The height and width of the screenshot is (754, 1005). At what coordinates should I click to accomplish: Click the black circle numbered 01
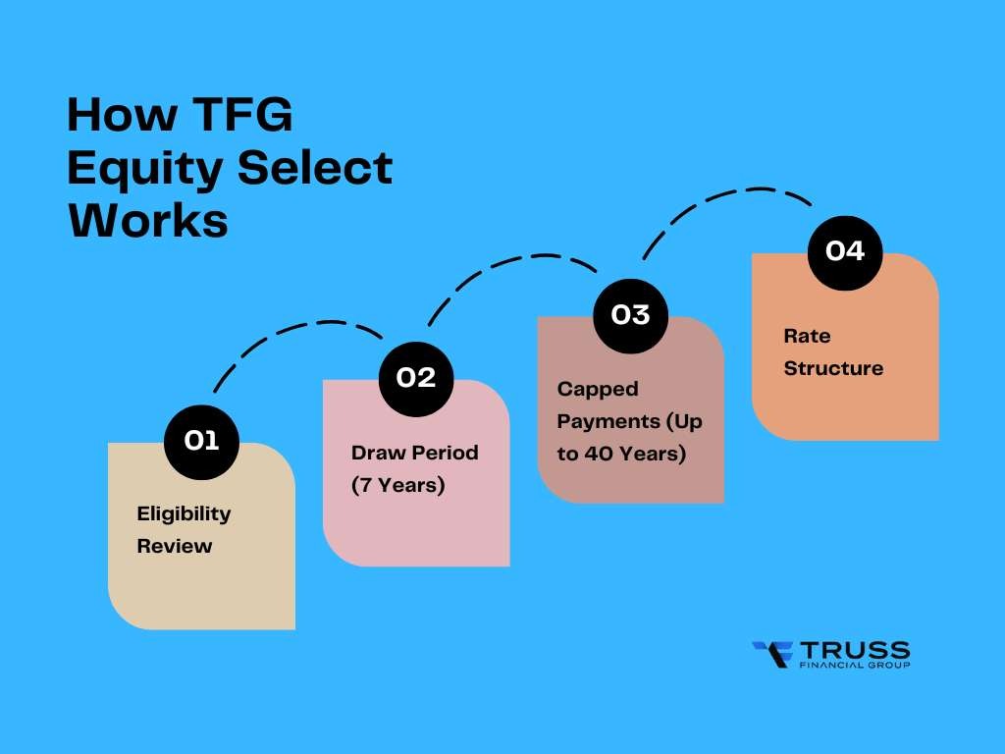201,442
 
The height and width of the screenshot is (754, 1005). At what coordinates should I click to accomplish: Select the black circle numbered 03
630,315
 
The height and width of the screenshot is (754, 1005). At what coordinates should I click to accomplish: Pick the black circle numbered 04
844,251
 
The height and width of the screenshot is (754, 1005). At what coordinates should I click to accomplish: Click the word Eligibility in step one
184,513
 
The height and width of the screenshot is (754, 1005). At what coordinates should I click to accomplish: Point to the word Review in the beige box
174,546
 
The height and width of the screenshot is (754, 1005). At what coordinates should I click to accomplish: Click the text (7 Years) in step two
398,485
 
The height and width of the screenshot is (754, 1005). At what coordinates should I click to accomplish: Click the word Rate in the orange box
806,336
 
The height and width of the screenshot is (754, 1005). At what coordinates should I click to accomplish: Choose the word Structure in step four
833,368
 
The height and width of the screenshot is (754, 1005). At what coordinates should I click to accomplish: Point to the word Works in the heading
147,221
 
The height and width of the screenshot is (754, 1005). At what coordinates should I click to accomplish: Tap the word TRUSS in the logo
854,649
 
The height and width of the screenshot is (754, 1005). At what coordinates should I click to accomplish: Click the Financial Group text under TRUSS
854,666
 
